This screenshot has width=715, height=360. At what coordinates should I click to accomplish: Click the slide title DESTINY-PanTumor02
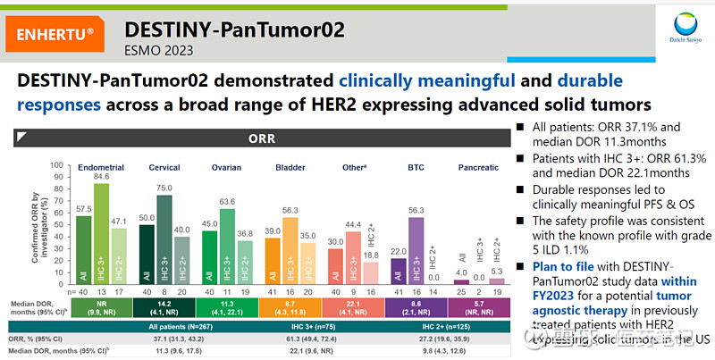point(233,28)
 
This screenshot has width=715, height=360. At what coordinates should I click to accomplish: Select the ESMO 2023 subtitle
point(158,51)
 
